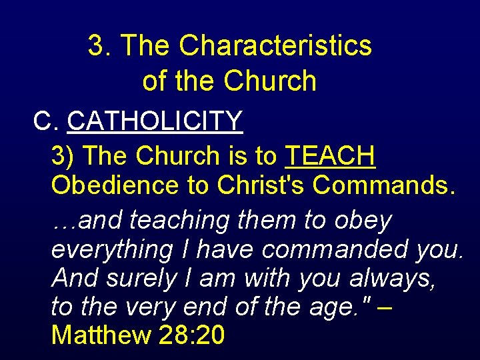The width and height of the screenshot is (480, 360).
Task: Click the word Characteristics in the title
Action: click(275, 46)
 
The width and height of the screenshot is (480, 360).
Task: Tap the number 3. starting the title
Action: click(99, 46)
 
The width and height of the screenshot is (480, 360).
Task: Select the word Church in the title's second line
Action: click(270, 81)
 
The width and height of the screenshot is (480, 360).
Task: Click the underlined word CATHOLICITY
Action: click(155, 121)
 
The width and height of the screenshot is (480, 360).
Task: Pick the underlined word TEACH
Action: click(330, 156)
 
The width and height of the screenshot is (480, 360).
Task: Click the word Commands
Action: click(385, 186)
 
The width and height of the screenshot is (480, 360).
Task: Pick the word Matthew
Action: click(101, 335)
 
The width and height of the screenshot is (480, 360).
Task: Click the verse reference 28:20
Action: click(193, 335)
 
